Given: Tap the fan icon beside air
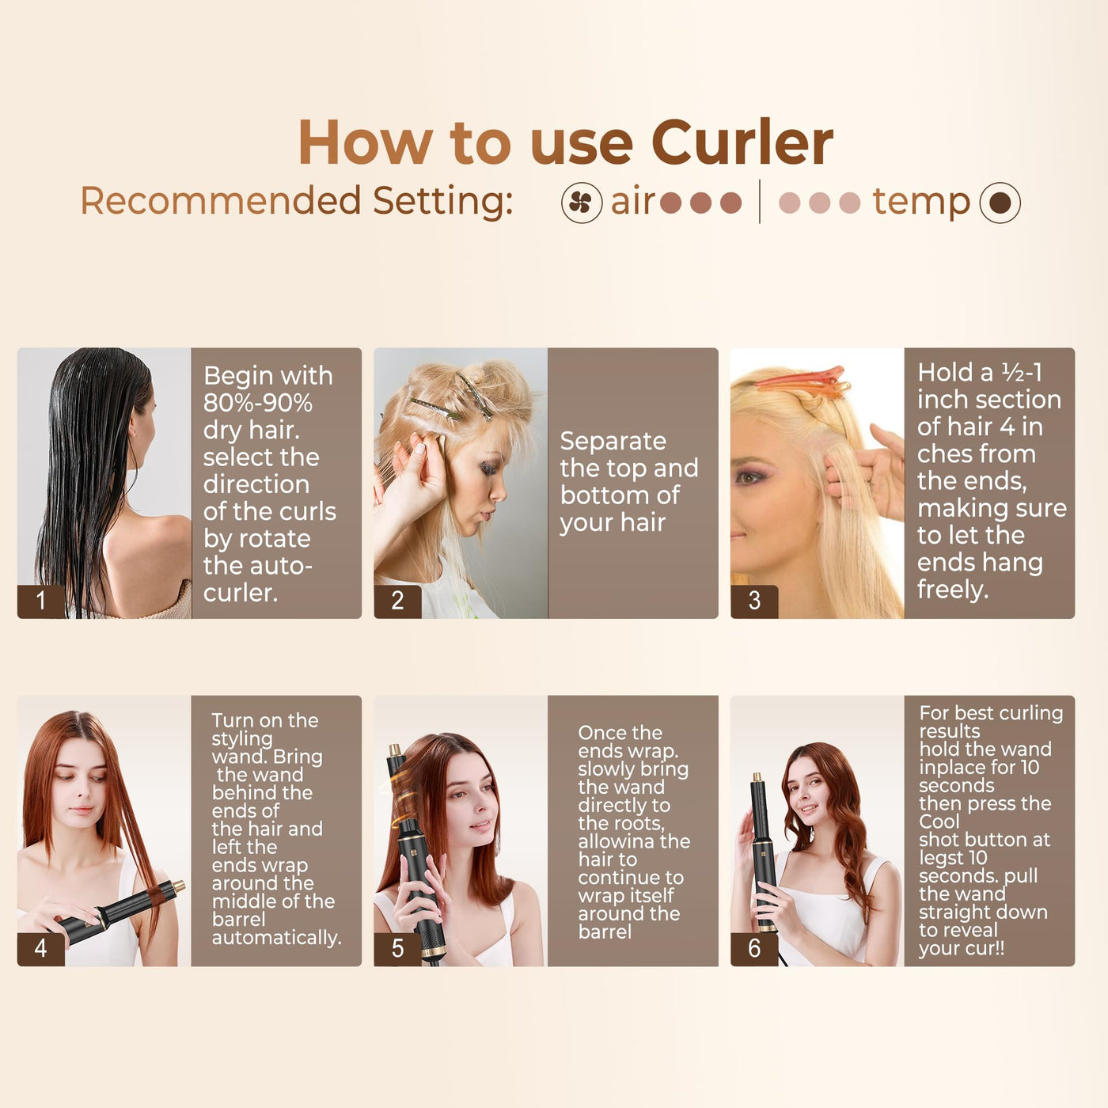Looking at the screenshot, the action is tap(582, 203).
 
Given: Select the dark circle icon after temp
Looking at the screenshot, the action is tap(1000, 203).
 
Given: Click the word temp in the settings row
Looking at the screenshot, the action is tap(921, 203).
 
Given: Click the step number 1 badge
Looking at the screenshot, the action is tap(41, 601).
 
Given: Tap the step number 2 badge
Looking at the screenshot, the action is tap(397, 601).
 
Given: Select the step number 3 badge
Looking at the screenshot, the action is tap(754, 601).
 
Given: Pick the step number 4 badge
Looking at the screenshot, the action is tap(41, 949).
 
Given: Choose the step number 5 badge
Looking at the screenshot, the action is tap(397, 949).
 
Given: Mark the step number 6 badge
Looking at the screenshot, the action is tap(754, 949).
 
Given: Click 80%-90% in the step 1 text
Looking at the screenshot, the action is tap(257, 403).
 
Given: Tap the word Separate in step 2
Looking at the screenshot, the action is tap(613, 441).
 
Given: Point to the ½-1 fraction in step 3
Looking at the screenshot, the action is tap(1021, 373).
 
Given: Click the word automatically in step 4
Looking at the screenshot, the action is tap(276, 938).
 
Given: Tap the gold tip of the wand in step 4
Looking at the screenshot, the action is tap(180, 886).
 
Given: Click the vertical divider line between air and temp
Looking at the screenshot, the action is tap(760, 201).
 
